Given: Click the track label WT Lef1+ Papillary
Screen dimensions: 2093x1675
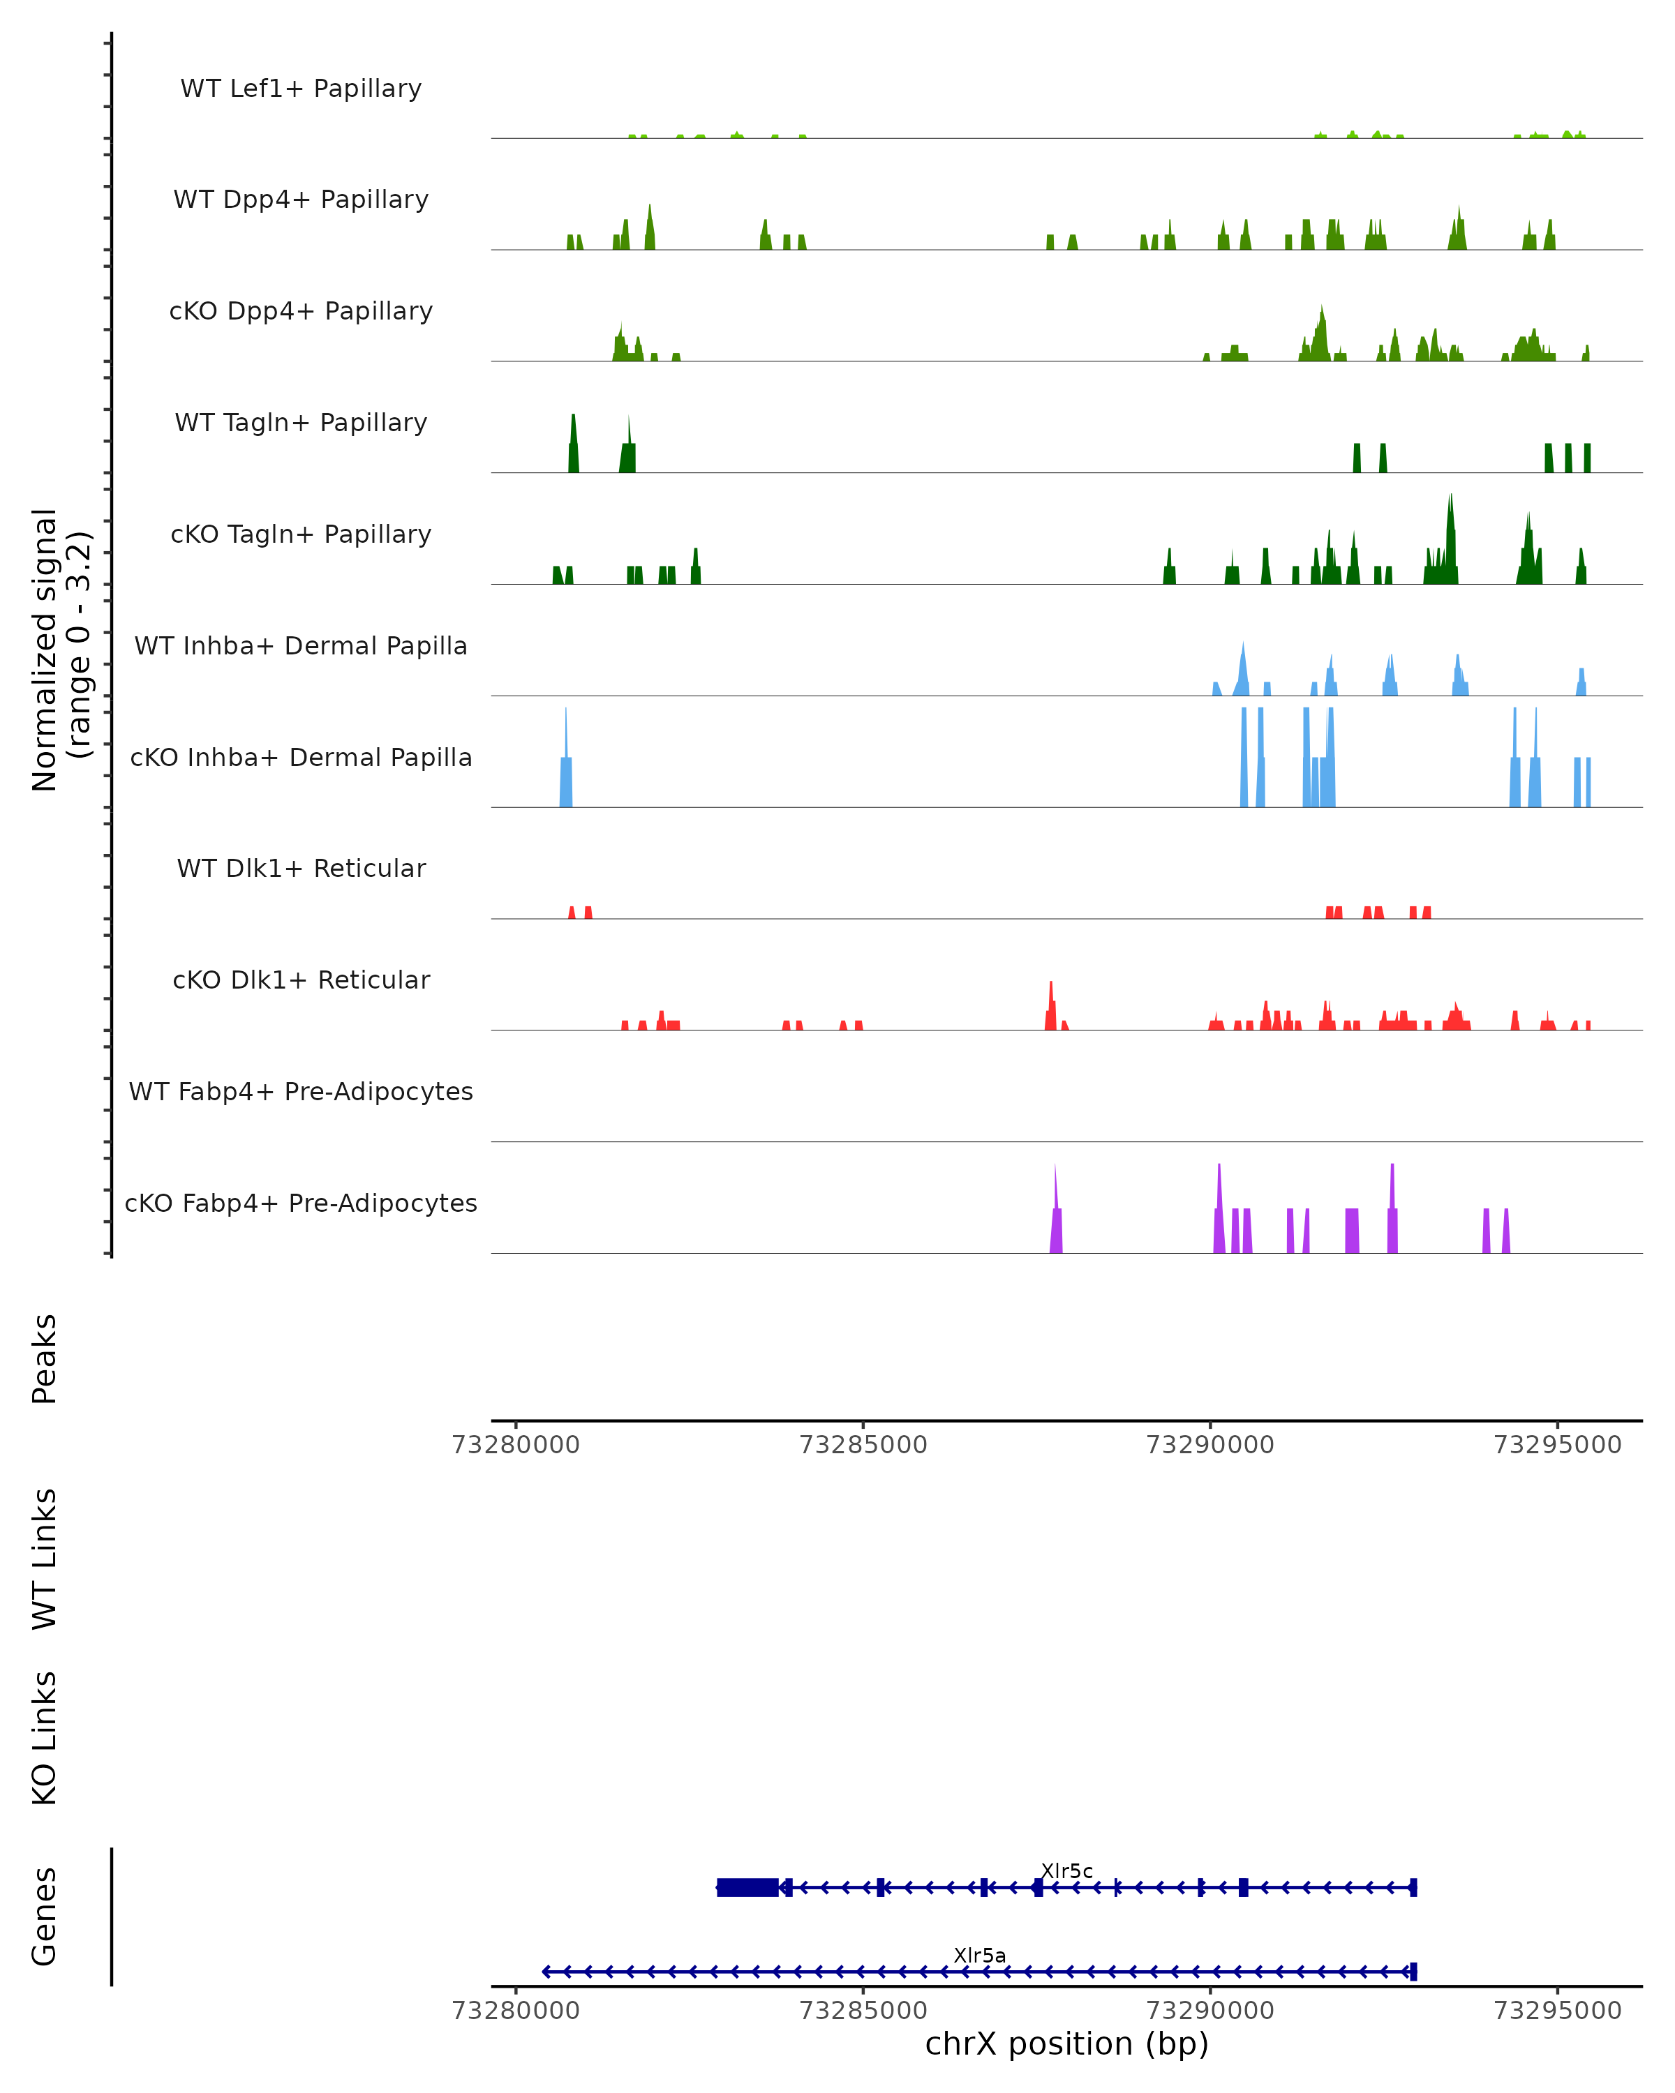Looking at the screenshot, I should click(x=301, y=89).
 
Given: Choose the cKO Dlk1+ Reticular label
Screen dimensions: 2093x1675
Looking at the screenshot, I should click(x=301, y=980).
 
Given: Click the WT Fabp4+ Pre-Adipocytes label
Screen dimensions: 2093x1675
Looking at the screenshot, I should click(x=301, y=1091).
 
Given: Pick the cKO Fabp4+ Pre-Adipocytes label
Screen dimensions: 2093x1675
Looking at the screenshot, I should click(x=301, y=1203).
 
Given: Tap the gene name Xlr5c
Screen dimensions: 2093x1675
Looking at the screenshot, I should click(x=1066, y=1870).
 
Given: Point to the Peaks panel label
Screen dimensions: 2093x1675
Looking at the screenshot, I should click(x=45, y=1358).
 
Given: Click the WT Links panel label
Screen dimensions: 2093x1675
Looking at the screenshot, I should click(x=45, y=1558).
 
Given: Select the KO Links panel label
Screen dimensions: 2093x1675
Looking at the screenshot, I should click(x=45, y=1738).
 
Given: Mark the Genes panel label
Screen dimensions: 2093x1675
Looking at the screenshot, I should click(x=45, y=1916).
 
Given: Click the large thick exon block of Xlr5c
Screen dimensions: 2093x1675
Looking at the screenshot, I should click(x=747, y=1887).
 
